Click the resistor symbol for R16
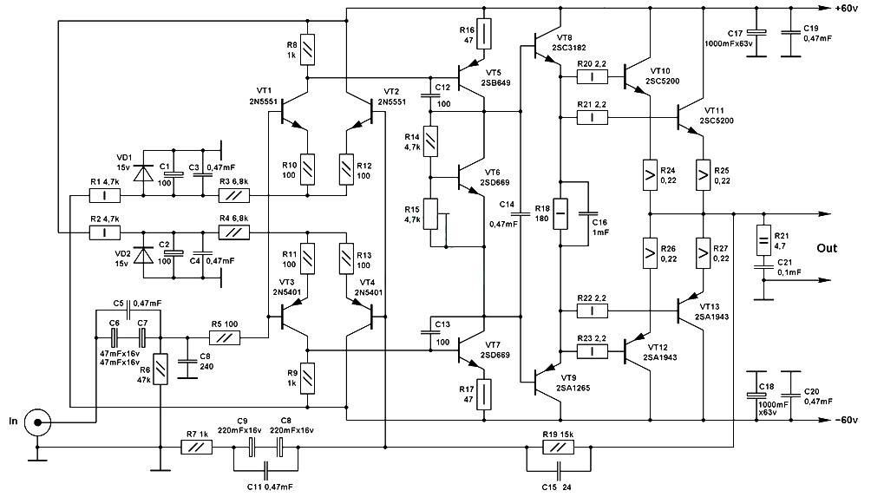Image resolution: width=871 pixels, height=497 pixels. tap(484, 34)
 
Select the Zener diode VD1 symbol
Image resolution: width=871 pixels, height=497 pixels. tap(144, 173)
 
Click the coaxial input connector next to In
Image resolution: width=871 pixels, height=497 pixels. tap(38, 422)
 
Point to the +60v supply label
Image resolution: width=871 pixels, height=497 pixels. tap(846, 9)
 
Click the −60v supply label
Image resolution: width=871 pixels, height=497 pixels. tap(846, 420)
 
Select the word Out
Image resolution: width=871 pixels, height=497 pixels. tap(827, 248)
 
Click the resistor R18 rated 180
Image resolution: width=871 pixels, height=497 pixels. tap(561, 213)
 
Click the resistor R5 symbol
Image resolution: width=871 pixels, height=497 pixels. tap(225, 337)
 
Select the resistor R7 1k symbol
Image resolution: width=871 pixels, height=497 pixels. tap(197, 447)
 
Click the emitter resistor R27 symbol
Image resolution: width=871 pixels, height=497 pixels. tap(703, 252)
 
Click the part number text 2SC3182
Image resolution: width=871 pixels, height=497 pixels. tap(569, 48)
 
